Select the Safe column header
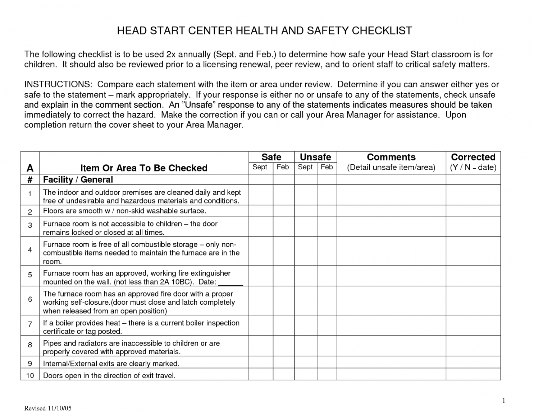pyautogui.click(x=271, y=157)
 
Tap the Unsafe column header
pyautogui.click(x=315, y=157)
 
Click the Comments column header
pyautogui.click(x=391, y=157)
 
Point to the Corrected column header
pyautogui.click(x=473, y=157)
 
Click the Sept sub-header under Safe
pyautogui.click(x=260, y=167)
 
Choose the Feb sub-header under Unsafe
pyautogui.click(x=327, y=167)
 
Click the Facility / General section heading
pyautogui.click(x=78, y=179)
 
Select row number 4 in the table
pyautogui.click(x=30, y=250)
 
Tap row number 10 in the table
pyautogui.click(x=30, y=375)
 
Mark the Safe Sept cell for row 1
pyautogui.click(x=261, y=195)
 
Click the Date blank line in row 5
pyautogui.click(x=231, y=282)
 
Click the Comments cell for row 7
pyautogui.click(x=391, y=326)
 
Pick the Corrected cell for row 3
pyautogui.click(x=473, y=226)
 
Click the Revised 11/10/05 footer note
pyautogui.click(x=48, y=408)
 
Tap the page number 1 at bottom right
pyautogui.click(x=504, y=401)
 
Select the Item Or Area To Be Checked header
pyautogui.click(x=143, y=168)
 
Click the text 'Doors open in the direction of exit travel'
pyautogui.click(x=109, y=376)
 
